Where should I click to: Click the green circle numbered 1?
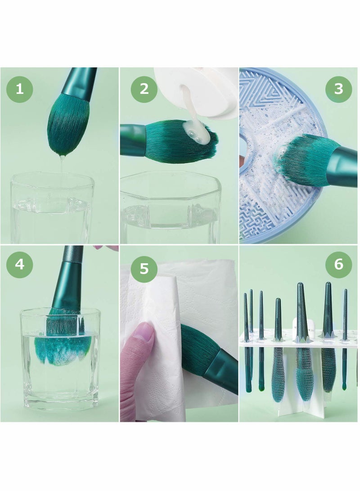pos(20,89)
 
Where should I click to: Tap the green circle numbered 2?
pos(144,89)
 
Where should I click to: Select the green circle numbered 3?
pos(338,89)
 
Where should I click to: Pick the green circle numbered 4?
pos(20,264)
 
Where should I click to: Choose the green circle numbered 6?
pos(338,264)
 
